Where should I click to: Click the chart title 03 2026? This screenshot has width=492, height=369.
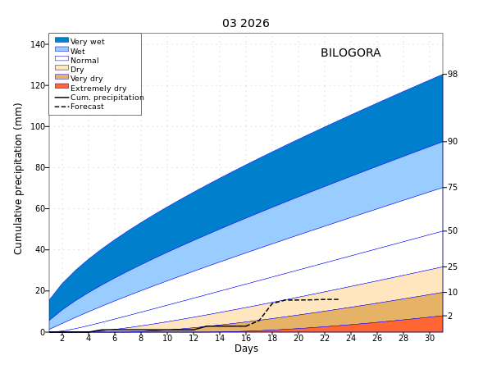point(245,23)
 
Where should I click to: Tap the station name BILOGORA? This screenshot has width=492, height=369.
point(350,53)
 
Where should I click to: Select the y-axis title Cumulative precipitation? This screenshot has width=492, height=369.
point(19,178)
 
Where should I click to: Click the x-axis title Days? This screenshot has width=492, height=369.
point(246,348)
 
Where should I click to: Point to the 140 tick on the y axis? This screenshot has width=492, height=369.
point(38,44)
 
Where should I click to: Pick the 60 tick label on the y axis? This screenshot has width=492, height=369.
point(40,208)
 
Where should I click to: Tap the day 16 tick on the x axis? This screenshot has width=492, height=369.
point(246,338)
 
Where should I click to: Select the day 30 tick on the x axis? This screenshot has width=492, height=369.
point(430,338)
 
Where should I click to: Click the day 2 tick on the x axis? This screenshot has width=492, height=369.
point(62,338)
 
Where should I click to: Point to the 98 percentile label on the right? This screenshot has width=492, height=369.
point(452,75)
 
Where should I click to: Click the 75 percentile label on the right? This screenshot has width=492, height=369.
point(452,188)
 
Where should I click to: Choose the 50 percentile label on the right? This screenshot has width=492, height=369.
point(452,231)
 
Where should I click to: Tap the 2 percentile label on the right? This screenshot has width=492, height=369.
point(449,316)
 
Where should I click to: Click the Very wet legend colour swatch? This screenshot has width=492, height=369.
point(61,40)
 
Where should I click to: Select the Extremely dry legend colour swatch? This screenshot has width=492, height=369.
point(61,87)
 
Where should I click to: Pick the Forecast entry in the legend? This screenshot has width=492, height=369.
point(87,107)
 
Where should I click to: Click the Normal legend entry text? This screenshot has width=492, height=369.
point(84,61)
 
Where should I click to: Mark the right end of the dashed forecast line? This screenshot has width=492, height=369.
point(338,299)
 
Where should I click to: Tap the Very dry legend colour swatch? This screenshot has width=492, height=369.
point(61,77)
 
